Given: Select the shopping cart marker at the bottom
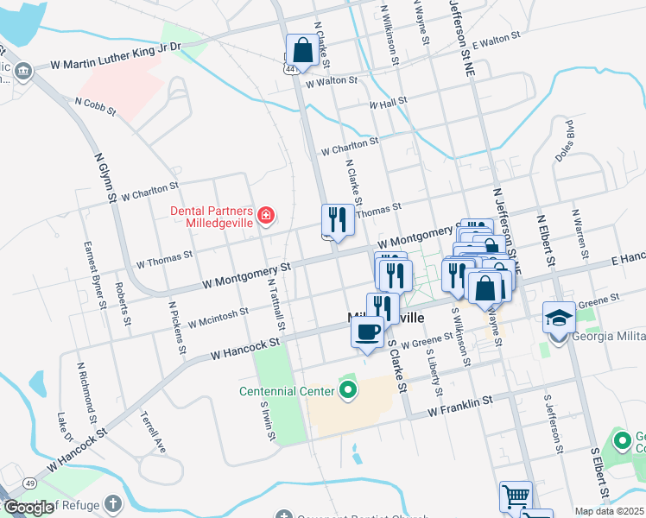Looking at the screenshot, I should [x=516, y=497].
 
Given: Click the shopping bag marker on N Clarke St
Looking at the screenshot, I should [x=302, y=52].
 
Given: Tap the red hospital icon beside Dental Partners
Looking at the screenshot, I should [x=266, y=215].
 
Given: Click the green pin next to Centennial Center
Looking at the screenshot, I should [x=348, y=392].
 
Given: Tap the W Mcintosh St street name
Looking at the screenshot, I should [x=218, y=319].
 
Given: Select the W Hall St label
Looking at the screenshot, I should [x=388, y=104].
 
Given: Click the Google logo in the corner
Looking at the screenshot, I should [x=28, y=508].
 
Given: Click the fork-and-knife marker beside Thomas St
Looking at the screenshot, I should [x=338, y=220].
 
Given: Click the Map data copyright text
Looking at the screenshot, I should [x=610, y=511].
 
